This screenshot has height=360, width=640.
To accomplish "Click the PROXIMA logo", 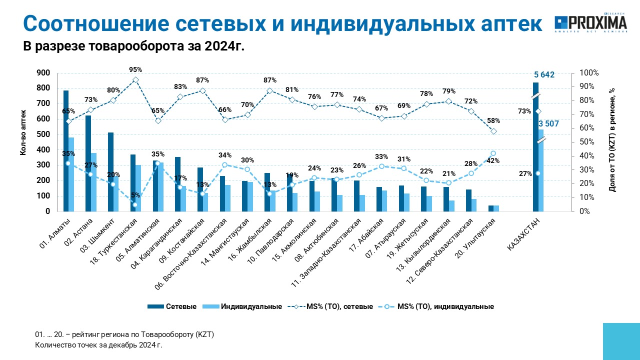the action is [591, 22].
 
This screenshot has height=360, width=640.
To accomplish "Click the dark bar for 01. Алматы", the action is [66, 151].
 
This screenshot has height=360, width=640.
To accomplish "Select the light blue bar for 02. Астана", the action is [93, 182].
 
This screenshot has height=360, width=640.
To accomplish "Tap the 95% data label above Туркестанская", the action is [135, 69].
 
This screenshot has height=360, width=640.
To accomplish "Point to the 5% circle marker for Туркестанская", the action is [135, 204].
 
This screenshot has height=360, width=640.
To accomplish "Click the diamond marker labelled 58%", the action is [493, 131].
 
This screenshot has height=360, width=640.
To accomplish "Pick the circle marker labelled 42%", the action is [493, 153].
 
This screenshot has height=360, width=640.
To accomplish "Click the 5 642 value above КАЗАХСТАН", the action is [544, 75].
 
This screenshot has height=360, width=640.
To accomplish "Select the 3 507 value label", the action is [548, 123].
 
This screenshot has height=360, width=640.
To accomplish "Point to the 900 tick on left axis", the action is [43, 73].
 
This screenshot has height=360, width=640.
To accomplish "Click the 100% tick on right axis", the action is [589, 73].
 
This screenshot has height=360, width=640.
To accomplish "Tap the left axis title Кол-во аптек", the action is [23, 132].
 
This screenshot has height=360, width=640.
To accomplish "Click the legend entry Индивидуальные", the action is [242, 306].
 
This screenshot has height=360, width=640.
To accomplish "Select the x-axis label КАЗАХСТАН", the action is [523, 234].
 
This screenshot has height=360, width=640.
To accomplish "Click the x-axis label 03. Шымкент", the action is [97, 235].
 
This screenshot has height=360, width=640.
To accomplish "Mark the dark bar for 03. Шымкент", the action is [110, 172].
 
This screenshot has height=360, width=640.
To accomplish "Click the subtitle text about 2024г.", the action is [133, 46].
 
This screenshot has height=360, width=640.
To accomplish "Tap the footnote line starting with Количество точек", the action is [98, 345].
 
